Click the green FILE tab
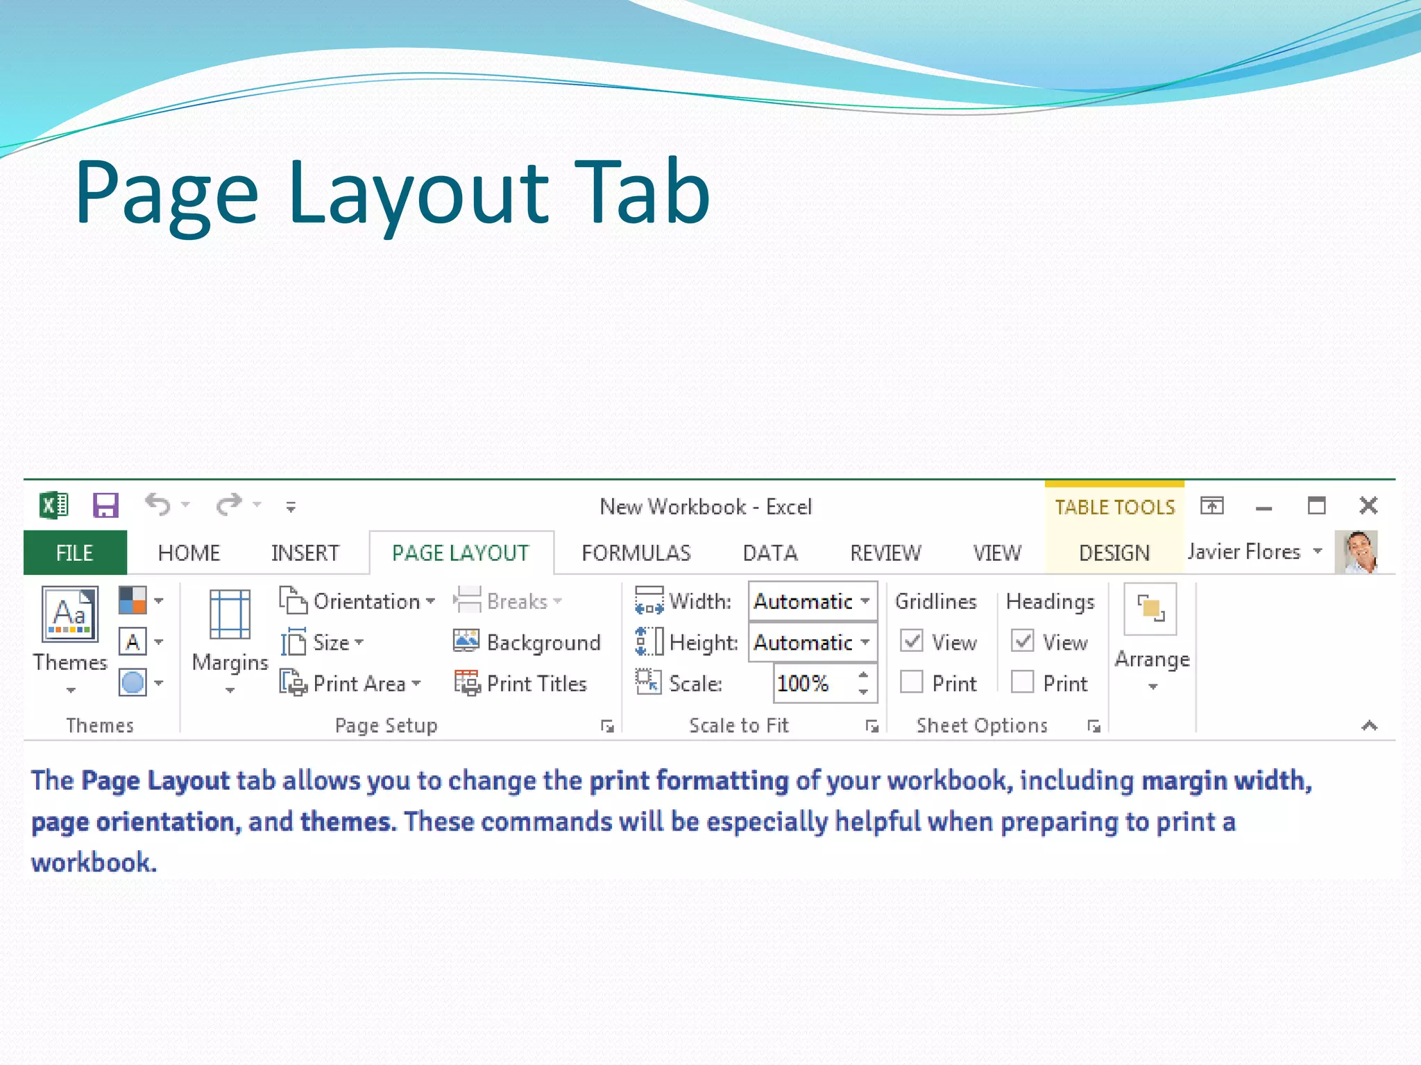(x=75, y=553)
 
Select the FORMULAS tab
(x=636, y=553)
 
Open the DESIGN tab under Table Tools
(x=1114, y=553)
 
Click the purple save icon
(x=105, y=505)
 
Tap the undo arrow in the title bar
(x=158, y=505)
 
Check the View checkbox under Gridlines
(x=912, y=641)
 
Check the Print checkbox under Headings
(x=1023, y=682)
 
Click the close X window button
(x=1368, y=505)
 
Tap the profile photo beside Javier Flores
(x=1356, y=552)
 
